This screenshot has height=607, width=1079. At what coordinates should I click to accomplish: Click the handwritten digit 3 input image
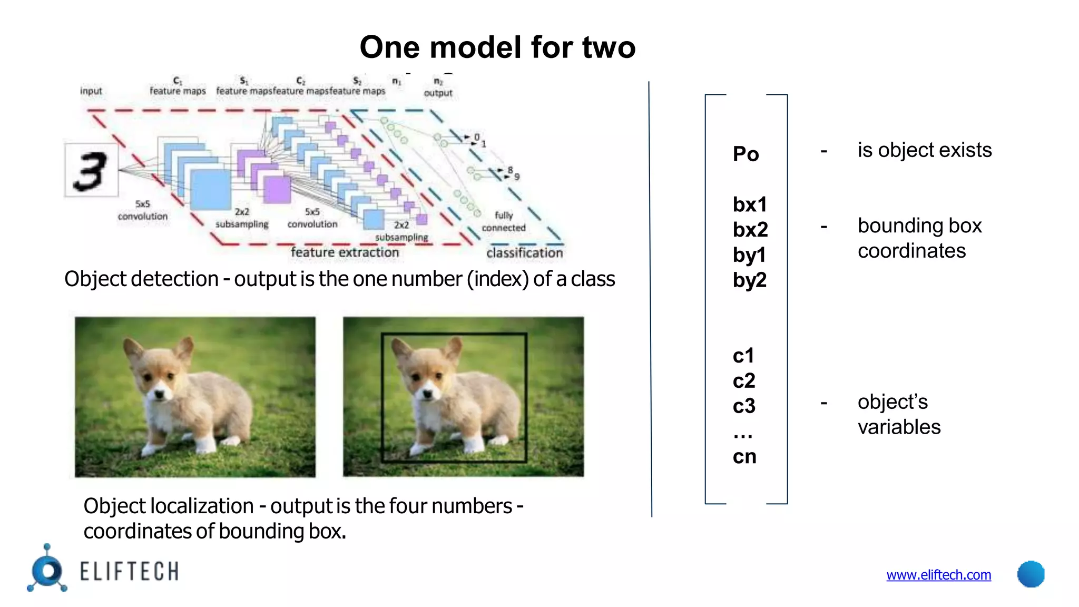coord(91,170)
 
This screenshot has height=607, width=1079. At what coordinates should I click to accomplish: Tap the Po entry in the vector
coord(746,154)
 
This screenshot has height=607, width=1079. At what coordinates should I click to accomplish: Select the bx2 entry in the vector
coord(750,230)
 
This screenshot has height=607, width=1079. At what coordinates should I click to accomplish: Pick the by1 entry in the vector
coord(749,256)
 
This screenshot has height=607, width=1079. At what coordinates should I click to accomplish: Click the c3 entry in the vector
coord(744,406)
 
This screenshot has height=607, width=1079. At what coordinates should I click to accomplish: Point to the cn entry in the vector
coord(744,457)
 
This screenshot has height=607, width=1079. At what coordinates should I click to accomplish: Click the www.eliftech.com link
coord(938,575)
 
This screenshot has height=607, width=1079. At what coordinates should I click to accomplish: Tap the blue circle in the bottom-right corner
coord(1031,574)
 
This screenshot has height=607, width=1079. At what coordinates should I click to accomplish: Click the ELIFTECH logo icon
coord(47,569)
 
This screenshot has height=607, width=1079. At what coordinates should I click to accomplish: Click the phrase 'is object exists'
coord(924,150)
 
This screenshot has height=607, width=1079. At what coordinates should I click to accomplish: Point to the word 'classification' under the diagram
coord(524,253)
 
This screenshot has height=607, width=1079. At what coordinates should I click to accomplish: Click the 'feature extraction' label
coord(345,252)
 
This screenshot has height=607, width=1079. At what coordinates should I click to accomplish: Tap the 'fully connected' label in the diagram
coord(503,222)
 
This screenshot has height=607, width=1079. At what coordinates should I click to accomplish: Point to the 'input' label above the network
coord(91,91)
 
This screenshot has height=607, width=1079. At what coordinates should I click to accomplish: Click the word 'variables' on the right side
coord(899,427)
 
